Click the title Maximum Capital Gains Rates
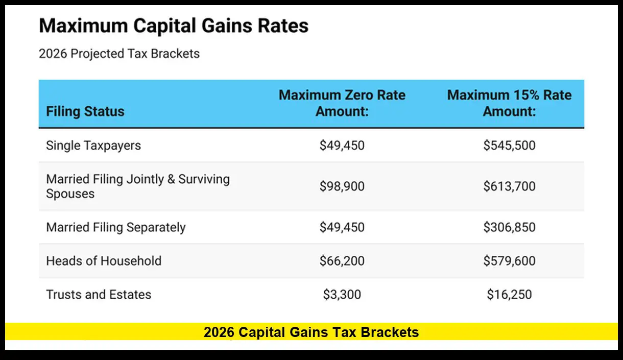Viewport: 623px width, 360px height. [174, 26]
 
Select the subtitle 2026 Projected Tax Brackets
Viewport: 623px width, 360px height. [119, 54]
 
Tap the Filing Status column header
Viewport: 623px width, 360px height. [85, 111]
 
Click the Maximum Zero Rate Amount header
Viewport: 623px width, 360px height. [342, 103]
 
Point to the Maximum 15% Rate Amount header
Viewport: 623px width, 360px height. [509, 103]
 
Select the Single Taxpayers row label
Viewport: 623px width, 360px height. [93, 146]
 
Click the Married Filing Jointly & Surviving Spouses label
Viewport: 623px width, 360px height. [138, 186]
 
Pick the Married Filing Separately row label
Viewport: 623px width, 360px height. [116, 227]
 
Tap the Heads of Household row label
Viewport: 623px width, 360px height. [104, 261]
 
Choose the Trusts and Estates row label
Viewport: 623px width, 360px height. [99, 295]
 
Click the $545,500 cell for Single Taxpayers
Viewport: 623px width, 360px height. [509, 146]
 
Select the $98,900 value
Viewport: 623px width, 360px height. [342, 186]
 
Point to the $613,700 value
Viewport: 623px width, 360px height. [509, 186]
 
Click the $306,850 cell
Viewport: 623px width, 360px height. [509, 227]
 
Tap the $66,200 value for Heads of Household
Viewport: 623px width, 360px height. [342, 261]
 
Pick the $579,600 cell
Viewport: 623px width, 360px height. [509, 261]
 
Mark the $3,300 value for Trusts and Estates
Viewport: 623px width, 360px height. [342, 295]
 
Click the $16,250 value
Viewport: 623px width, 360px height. [509, 295]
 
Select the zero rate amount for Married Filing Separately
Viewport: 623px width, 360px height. [342, 227]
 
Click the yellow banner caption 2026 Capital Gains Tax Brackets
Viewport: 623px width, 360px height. [311, 332]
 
